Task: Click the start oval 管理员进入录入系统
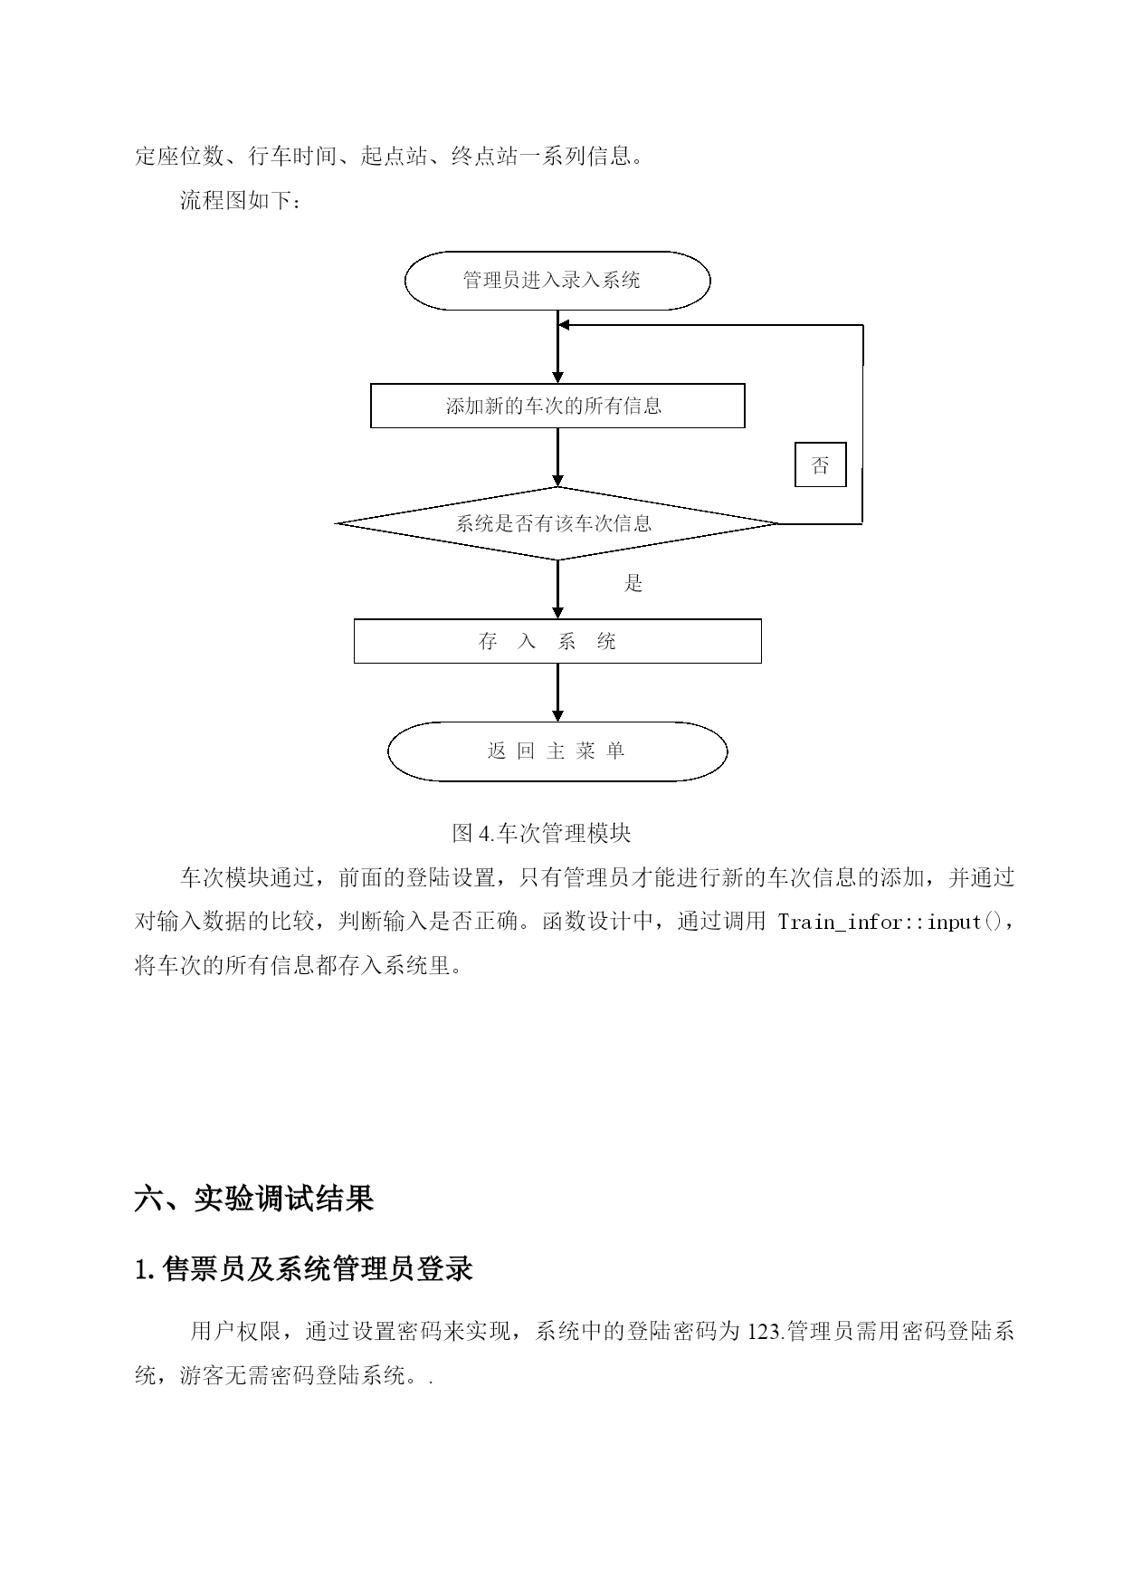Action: coord(557,281)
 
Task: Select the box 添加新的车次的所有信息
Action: coord(557,406)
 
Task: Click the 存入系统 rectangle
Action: coord(557,642)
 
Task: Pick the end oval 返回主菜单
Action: coord(557,751)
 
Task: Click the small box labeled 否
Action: coord(820,465)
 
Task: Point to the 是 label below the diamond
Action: coord(633,584)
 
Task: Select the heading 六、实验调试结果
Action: coord(254,1199)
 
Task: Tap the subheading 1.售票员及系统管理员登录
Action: coord(304,1268)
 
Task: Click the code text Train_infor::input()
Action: coord(890,923)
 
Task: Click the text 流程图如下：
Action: coord(240,200)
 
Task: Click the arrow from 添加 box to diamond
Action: coord(557,457)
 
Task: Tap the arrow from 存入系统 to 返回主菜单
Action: coord(557,693)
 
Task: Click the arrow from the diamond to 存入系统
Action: coord(557,589)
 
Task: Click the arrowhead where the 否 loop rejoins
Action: coord(564,325)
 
